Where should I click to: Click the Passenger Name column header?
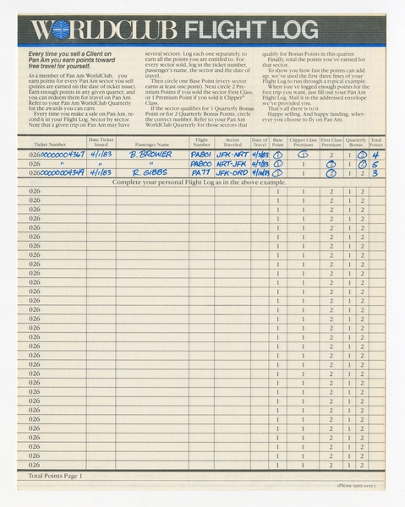pos(152,144)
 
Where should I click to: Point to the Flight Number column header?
pos(201,142)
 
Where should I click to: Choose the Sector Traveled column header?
pos(232,142)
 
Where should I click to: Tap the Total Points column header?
pos(376,142)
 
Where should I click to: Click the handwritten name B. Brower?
pos(151,155)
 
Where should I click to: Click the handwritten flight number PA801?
pos(201,155)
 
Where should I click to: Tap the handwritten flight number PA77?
pos(200,173)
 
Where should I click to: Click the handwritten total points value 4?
pos(376,155)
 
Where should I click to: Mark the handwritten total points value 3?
pos(376,173)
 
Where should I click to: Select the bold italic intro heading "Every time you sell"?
pos(72,59)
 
